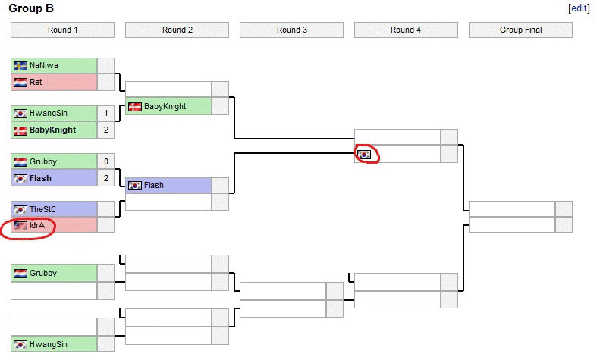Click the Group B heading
(31, 8)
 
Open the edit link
(578, 8)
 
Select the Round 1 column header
(62, 30)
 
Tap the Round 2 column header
(177, 30)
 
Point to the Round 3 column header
(291, 30)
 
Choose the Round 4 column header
(406, 30)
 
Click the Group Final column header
(520, 30)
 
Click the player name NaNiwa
(44, 65)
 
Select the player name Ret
(36, 82)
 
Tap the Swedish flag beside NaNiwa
(20, 65)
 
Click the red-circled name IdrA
(37, 226)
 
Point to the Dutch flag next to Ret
(20, 82)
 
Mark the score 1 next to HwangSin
(106, 114)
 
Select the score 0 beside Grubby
(106, 161)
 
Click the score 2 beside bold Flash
(106, 178)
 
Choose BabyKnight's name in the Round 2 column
(165, 106)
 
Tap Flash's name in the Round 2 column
(153, 185)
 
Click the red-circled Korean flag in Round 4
(365, 154)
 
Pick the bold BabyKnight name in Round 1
(52, 130)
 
